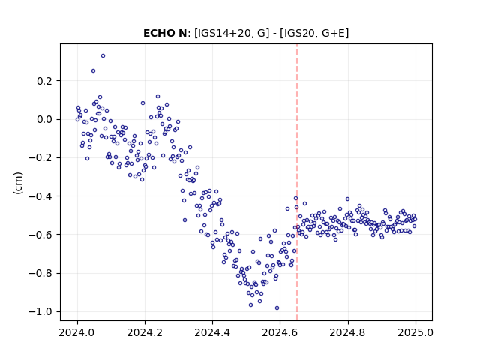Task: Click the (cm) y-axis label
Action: click(18, 183)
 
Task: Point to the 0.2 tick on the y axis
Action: click(44, 81)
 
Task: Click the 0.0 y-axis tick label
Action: click(44, 119)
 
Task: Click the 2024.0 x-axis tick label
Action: click(77, 332)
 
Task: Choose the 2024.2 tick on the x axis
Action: click(145, 332)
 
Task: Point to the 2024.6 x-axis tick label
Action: click(280, 332)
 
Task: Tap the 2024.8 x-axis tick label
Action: click(348, 332)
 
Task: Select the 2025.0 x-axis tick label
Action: click(415, 332)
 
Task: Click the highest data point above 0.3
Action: click(103, 56)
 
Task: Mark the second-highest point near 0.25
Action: click(93, 71)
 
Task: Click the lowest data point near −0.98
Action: click(277, 308)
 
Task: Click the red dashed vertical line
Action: click(297, 182)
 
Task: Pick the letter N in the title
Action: click(183, 33)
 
